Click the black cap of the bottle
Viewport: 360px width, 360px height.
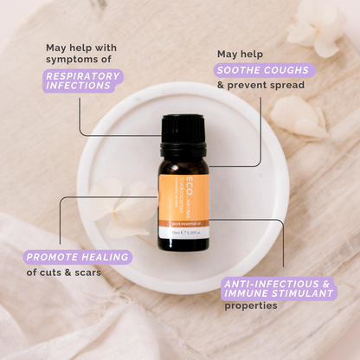pyautogui.click(x=184, y=129)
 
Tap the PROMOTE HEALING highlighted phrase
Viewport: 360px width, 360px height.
pyautogui.click(x=78, y=256)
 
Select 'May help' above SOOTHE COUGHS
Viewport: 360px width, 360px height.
pyautogui.click(x=237, y=54)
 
